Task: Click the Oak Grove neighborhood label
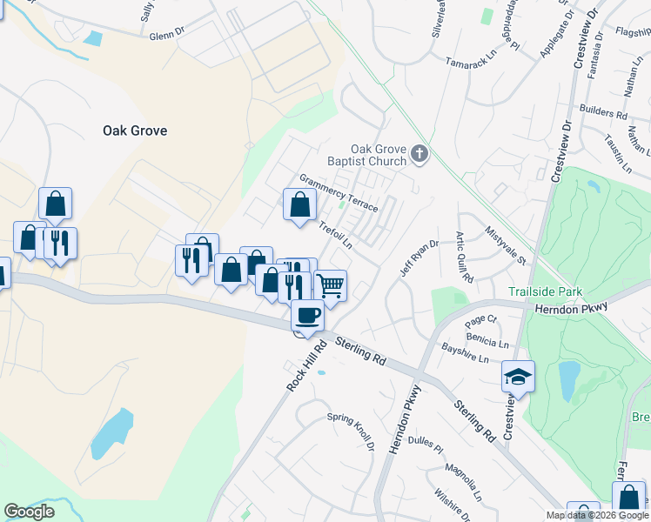tap(135, 130)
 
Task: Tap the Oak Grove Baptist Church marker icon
tap(419, 155)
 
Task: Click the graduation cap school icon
tap(518, 376)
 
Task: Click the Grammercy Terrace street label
tap(339, 192)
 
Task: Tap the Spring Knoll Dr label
tap(351, 431)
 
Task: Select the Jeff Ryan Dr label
tap(417, 258)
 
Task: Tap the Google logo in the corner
tap(29, 512)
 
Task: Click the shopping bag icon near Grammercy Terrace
tap(299, 205)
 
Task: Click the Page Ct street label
tap(480, 319)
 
